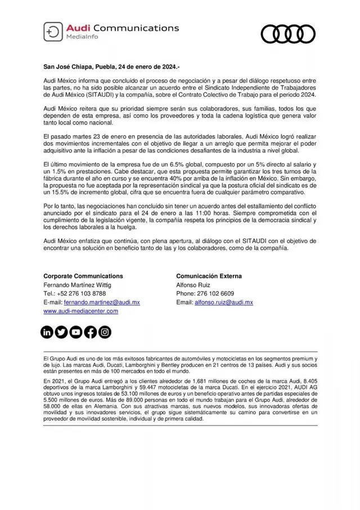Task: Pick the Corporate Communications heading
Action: [83, 276]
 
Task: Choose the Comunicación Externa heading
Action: [209, 276]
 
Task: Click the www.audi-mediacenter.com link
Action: [80, 311]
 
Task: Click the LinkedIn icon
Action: [47, 332]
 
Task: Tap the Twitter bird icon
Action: [61, 332]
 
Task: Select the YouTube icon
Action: [76, 332]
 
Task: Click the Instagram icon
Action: [105, 332]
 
